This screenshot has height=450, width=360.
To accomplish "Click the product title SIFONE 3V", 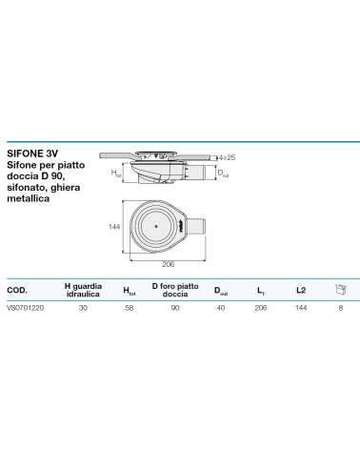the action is (32, 153).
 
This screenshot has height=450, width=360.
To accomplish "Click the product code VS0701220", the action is (26, 308).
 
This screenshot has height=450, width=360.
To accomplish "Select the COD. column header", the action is (17, 290).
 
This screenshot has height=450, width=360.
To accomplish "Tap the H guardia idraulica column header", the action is (83, 290).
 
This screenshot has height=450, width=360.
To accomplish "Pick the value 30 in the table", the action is (83, 308).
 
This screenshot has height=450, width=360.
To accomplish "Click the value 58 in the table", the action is (130, 308).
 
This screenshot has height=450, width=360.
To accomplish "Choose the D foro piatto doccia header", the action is (175, 290).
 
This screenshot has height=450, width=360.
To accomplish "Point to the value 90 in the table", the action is (175, 308).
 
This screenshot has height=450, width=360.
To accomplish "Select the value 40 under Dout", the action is (221, 308).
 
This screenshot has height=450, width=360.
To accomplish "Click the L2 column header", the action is (301, 290).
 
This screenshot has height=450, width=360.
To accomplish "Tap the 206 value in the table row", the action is (261, 308).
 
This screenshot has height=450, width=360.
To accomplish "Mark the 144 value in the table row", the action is (301, 308).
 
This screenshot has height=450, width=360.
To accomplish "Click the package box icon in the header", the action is (341, 289).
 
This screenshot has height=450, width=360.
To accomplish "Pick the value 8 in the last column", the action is (341, 308).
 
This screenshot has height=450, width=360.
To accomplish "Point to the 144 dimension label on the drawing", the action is (114, 227).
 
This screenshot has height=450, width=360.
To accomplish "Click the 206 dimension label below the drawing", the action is (169, 264).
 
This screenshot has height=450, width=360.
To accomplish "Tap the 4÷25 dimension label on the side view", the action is (228, 157).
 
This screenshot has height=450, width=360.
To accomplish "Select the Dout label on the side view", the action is (223, 174).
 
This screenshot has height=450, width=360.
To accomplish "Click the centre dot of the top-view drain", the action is (156, 226).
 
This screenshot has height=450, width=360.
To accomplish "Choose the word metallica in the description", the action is (29, 198).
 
